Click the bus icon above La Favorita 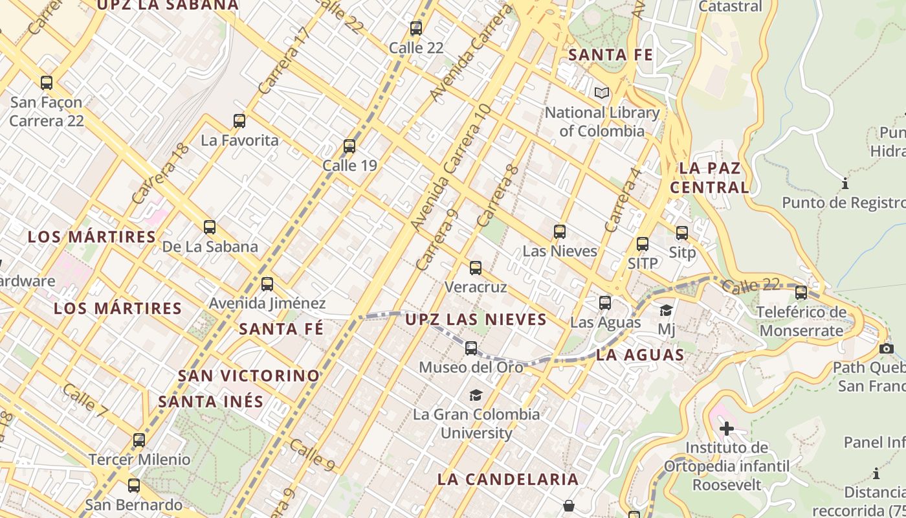click(239, 120)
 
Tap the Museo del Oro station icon click(471, 348)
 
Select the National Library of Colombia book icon click(602, 93)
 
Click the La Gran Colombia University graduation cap click(476, 395)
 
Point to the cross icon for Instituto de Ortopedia click(727, 428)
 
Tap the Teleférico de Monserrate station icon click(801, 293)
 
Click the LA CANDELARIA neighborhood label click(508, 479)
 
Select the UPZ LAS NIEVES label click(476, 319)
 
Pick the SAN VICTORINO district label click(249, 376)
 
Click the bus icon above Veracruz click(476, 268)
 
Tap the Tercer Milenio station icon click(139, 440)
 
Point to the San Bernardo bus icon click(134, 486)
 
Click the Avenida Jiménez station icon click(267, 284)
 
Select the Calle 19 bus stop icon click(349, 146)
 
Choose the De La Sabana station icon click(210, 227)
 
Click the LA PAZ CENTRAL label click(709, 178)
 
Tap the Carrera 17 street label click(283, 60)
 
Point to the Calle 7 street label click(85, 400)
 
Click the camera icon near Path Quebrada click(887, 349)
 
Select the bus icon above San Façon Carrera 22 click(47, 83)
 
